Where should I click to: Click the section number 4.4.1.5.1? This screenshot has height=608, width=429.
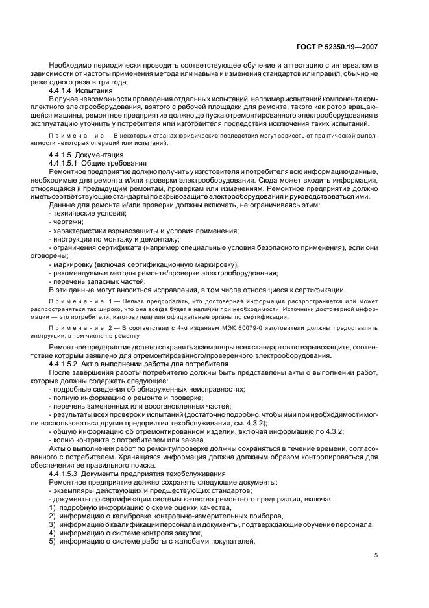click(66, 163)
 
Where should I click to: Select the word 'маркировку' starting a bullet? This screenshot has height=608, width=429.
click(72, 264)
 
